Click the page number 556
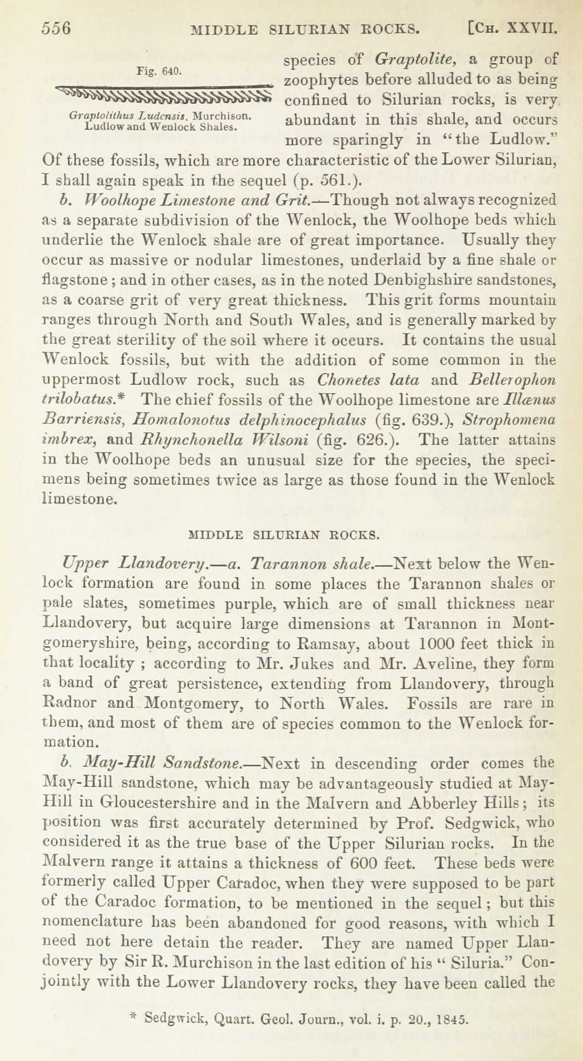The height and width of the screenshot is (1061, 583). tap(57, 29)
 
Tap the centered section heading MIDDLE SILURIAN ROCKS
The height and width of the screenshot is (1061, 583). tap(284, 535)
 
